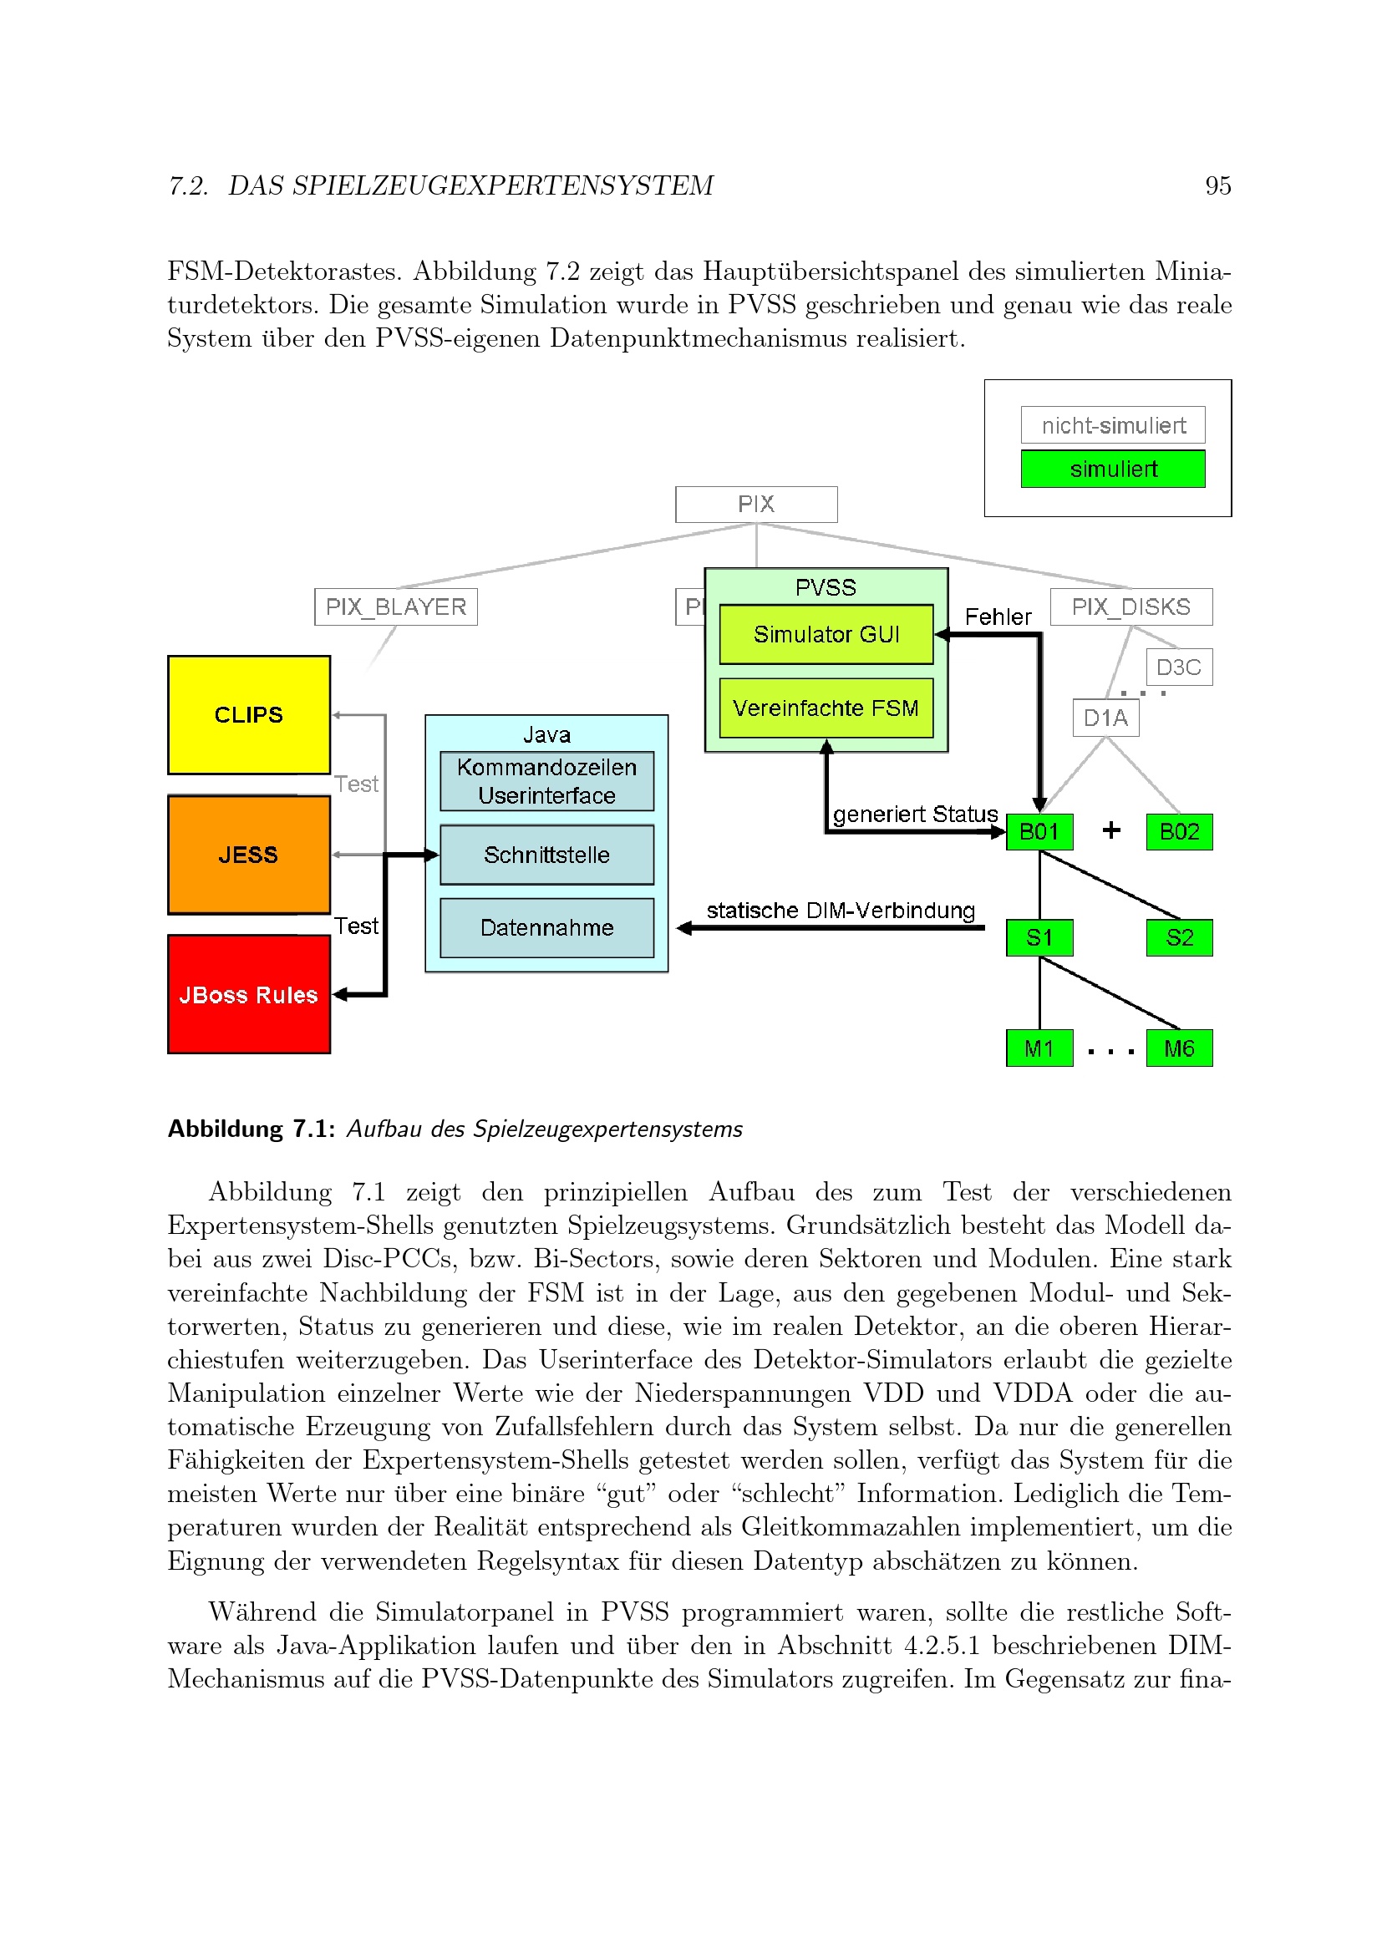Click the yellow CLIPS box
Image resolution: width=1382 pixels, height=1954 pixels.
(x=248, y=714)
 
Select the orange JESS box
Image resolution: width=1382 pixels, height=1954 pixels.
(x=248, y=854)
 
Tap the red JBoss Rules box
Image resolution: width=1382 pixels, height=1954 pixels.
(x=248, y=994)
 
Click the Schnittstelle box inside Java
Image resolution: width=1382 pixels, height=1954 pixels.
(x=546, y=855)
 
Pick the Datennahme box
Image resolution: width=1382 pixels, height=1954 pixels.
(x=546, y=927)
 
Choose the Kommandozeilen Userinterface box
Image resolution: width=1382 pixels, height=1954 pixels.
(x=546, y=781)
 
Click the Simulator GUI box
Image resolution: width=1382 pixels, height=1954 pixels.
(x=826, y=634)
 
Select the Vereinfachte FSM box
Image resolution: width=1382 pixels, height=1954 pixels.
(x=826, y=708)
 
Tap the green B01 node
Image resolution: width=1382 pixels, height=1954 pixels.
(x=1039, y=831)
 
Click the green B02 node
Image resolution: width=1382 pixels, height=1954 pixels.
(x=1179, y=831)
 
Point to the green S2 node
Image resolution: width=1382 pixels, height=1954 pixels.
(x=1179, y=938)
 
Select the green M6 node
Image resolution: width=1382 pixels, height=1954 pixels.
(x=1179, y=1048)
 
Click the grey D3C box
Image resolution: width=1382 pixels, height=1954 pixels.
(x=1179, y=667)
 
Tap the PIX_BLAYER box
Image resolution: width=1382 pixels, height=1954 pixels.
(x=396, y=607)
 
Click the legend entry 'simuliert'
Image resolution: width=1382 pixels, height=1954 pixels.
(x=1112, y=469)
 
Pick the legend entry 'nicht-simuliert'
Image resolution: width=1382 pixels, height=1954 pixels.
(x=1112, y=424)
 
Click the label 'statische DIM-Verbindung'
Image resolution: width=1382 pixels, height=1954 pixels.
(x=840, y=911)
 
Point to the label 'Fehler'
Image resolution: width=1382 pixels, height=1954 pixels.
(x=998, y=617)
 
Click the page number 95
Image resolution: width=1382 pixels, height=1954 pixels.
(x=1217, y=185)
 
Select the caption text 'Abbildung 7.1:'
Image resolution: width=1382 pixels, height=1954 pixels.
(x=251, y=1129)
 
